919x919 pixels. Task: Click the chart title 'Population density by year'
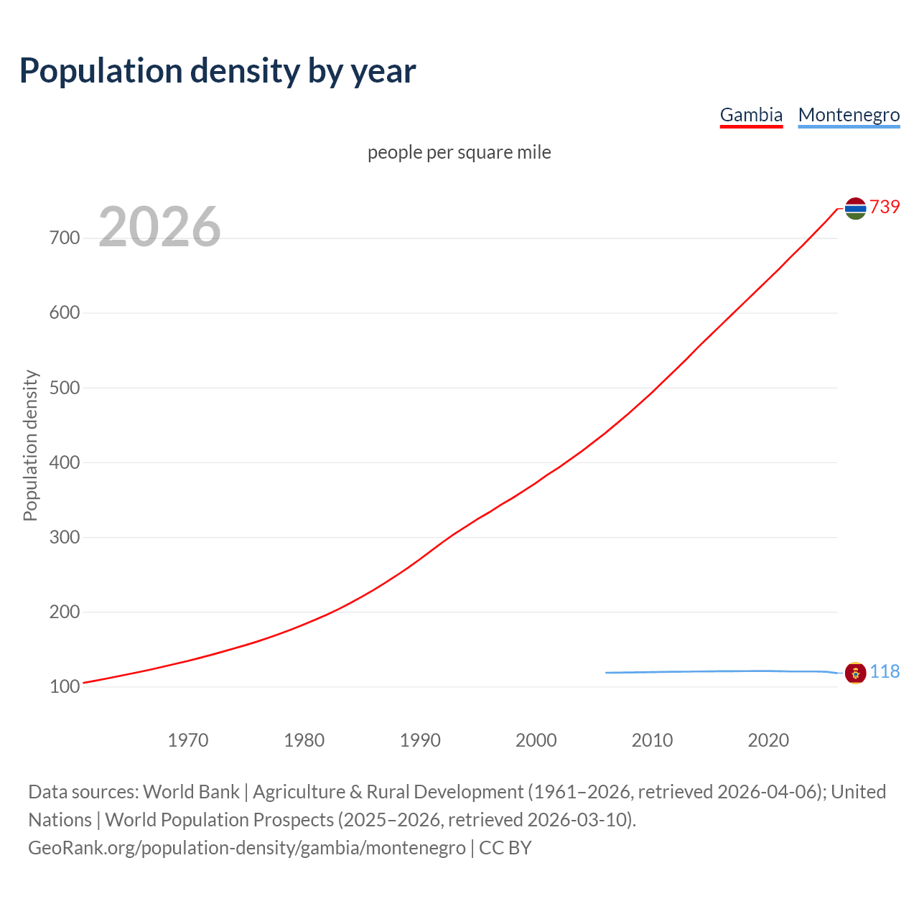pos(218,71)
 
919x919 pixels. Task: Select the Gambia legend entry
pos(751,115)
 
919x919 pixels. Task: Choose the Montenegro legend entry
pos(849,115)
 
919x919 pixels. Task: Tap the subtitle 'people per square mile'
pos(459,152)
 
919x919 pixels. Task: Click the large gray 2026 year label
pos(159,227)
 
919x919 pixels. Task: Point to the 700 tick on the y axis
pos(65,238)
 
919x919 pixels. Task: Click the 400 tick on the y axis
pos(65,462)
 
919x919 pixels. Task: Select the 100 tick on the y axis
pos(65,687)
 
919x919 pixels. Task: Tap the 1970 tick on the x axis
pos(188,740)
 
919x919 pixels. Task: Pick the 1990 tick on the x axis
pos(420,740)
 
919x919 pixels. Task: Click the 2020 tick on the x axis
pos(768,740)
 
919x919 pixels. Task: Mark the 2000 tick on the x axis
pos(536,740)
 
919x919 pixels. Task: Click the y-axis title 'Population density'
pos(30,445)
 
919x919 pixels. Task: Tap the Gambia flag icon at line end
pos(855,208)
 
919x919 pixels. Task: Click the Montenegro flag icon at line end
pos(855,673)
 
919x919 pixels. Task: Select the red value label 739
pos(885,207)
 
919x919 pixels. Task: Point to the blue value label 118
pos(885,671)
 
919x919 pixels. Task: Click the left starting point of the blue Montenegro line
pos(607,673)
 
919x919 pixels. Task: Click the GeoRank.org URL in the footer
pos(247,848)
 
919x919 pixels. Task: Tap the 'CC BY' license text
pos(505,848)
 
